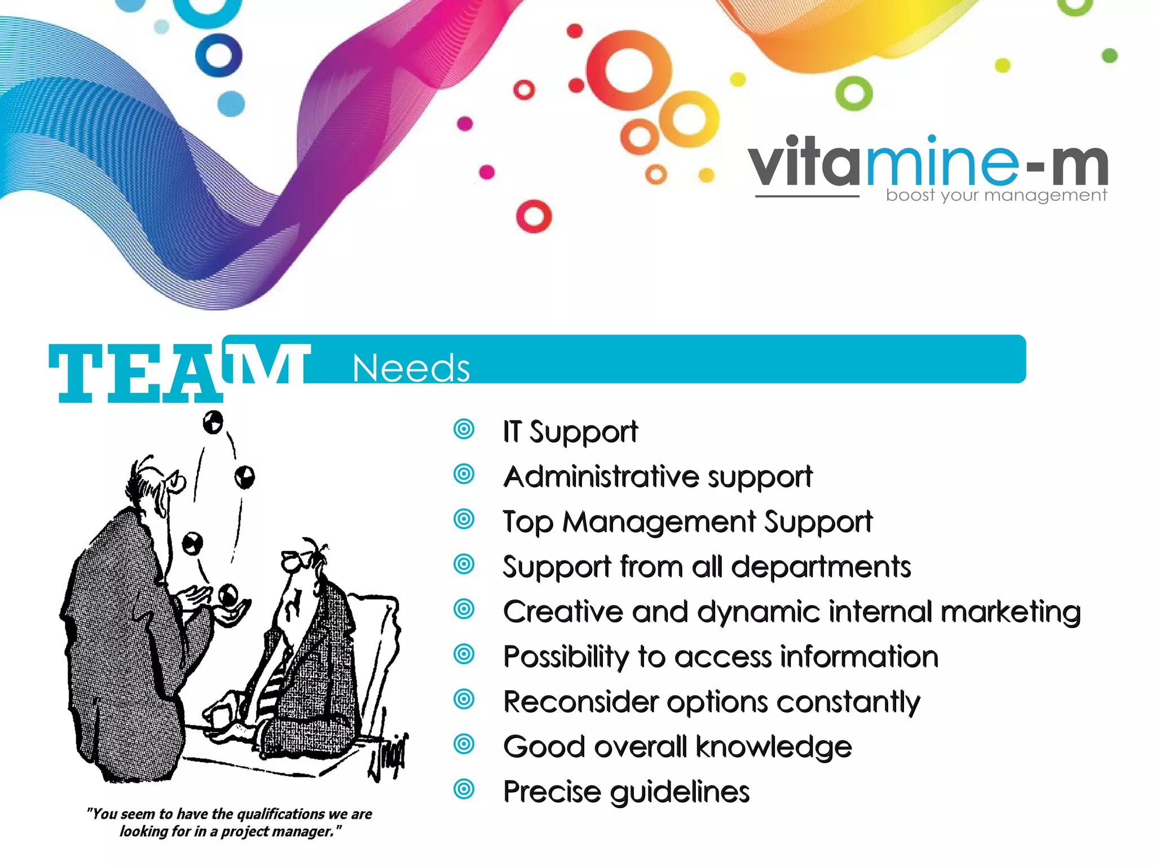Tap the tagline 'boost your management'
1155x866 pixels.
click(996, 195)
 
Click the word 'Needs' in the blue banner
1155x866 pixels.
click(411, 368)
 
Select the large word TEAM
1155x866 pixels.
click(179, 372)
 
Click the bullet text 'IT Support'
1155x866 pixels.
click(570, 432)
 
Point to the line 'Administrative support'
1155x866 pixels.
click(658, 477)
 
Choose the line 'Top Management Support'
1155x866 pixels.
click(687, 522)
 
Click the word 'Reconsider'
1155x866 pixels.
click(581, 702)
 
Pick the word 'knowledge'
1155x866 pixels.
click(773, 747)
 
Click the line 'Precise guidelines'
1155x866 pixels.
click(626, 792)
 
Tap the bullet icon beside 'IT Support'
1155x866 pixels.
click(464, 430)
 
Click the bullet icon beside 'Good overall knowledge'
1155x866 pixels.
click(464, 744)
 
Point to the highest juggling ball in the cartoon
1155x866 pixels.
click(213, 421)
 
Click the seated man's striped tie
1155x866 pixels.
click(274, 685)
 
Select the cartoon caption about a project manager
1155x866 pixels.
click(230, 823)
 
